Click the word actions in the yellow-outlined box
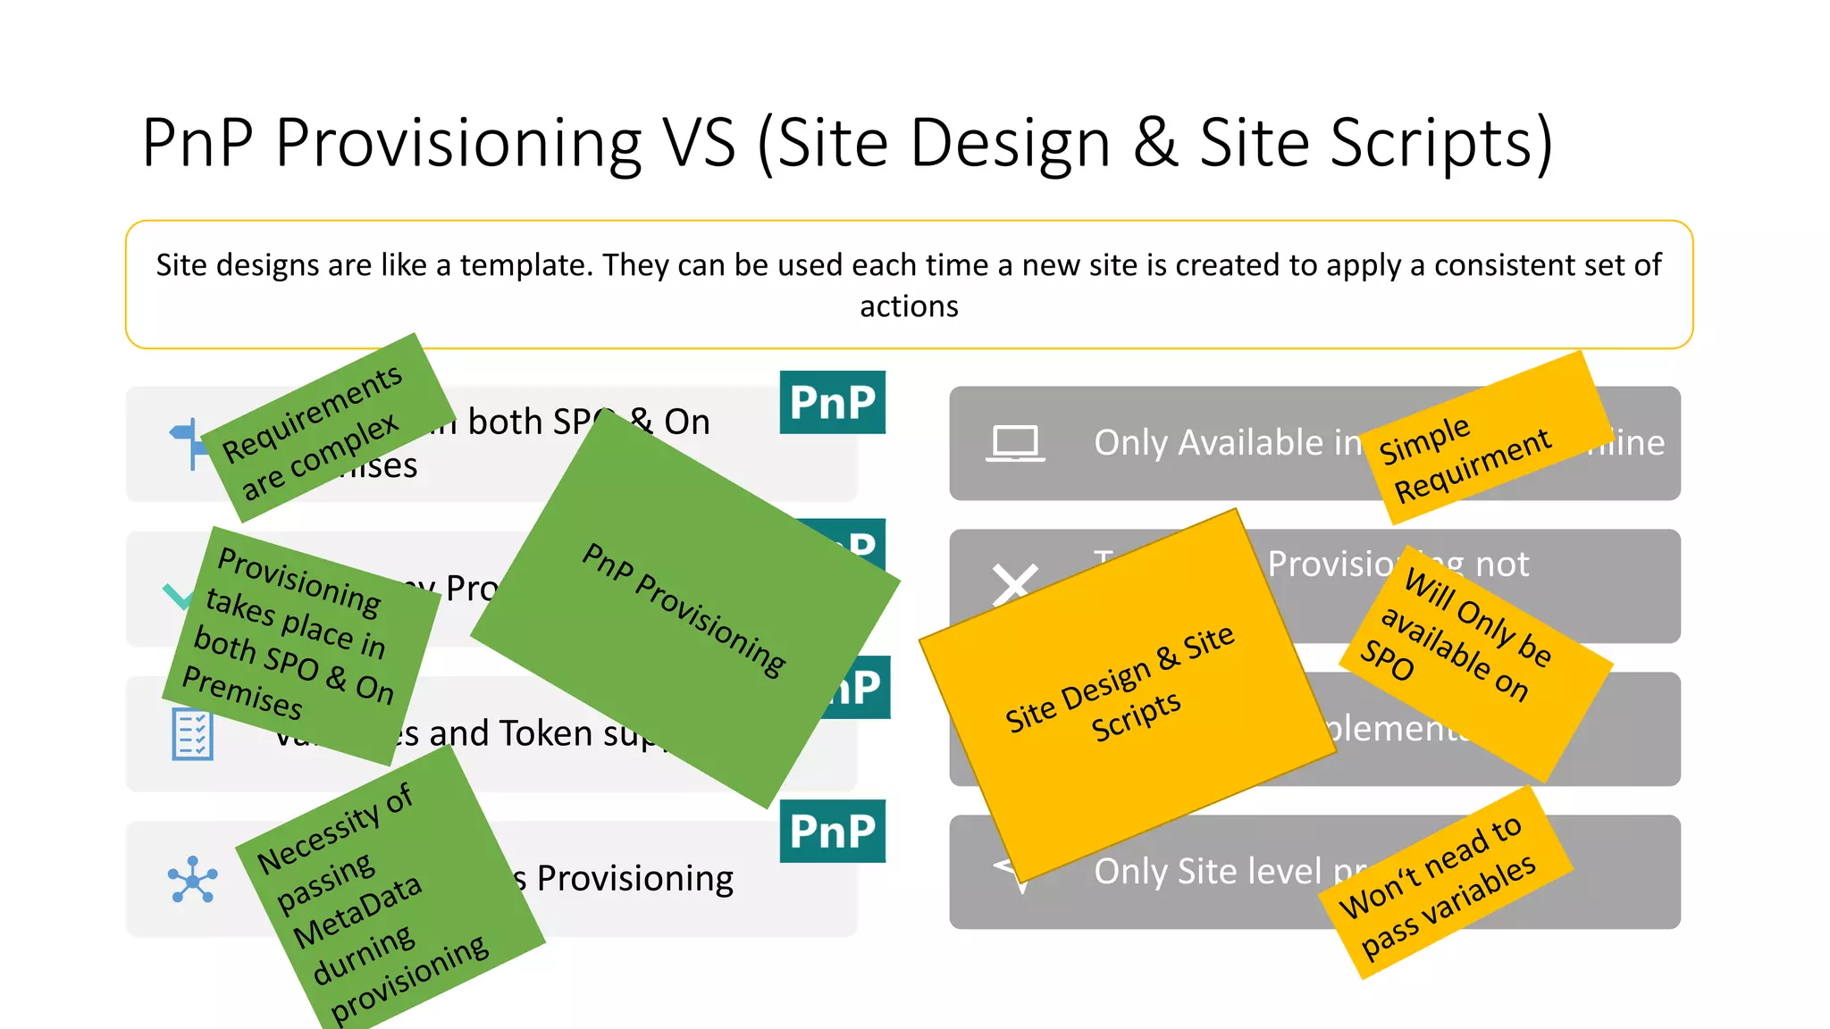pyautogui.click(x=909, y=306)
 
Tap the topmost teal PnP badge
pyautogui.click(x=832, y=402)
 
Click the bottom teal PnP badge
pyautogui.click(x=832, y=831)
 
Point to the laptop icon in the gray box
pyautogui.click(x=1015, y=443)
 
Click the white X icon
pyautogui.click(x=1015, y=584)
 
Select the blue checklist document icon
pyautogui.click(x=192, y=734)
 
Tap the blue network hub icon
pyautogui.click(x=192, y=880)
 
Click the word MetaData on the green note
pyautogui.click(x=357, y=910)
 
